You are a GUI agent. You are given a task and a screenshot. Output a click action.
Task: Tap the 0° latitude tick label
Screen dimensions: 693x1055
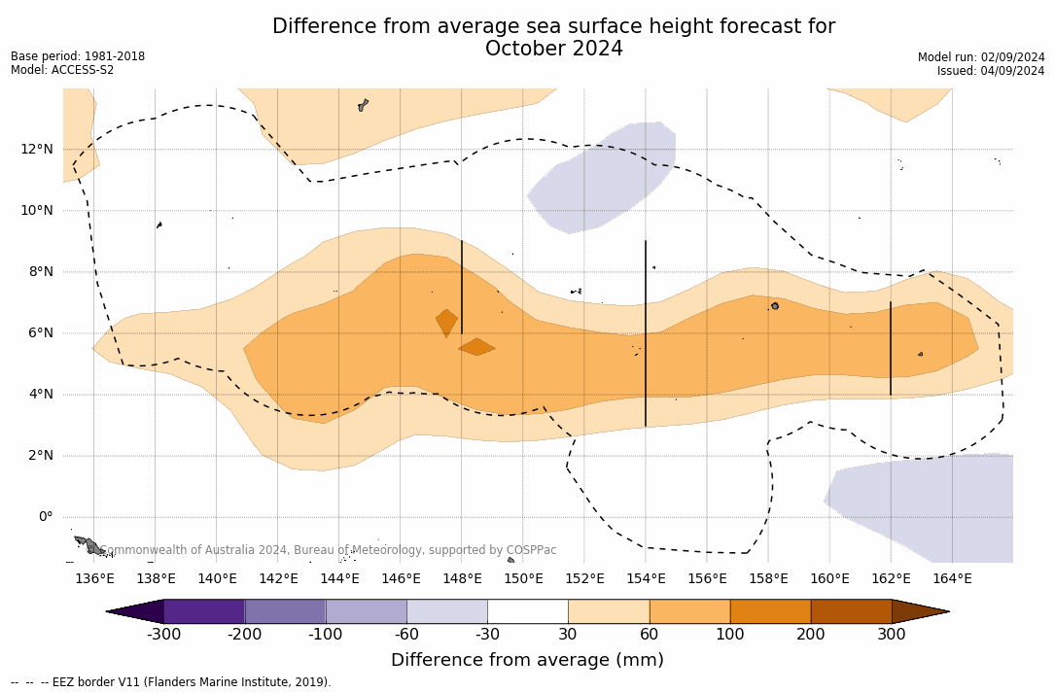[45, 516]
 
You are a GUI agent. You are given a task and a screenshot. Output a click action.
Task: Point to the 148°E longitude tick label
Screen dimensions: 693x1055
[462, 579]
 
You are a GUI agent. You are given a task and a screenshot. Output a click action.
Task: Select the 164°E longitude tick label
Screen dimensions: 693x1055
[952, 579]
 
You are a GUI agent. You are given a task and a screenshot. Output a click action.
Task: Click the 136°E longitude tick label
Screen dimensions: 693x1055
[94, 579]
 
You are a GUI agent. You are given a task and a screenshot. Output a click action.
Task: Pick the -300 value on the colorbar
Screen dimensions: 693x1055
[164, 635]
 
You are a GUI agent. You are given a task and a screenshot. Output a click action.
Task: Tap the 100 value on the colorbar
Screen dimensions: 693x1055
[730, 635]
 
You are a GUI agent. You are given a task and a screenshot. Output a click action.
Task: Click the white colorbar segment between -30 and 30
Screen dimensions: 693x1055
[528, 611]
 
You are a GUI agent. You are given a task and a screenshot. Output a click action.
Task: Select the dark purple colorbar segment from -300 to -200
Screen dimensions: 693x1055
[204, 611]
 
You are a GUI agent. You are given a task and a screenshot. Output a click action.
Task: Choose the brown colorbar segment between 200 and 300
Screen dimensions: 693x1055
[851, 611]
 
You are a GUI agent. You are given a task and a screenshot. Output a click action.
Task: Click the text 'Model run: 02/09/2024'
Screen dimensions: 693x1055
[981, 57]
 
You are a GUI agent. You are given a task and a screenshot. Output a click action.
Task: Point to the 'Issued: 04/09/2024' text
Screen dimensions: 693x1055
[991, 71]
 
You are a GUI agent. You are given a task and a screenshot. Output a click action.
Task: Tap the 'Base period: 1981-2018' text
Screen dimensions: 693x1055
[78, 56]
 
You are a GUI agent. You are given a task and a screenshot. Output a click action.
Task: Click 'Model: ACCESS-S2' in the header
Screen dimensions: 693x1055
[62, 70]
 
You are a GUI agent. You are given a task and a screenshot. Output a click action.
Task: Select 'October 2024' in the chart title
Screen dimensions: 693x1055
[553, 49]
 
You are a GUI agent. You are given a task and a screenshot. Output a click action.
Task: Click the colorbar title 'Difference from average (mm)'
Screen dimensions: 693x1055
[527, 661]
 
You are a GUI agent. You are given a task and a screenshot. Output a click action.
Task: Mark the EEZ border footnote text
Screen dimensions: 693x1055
[171, 682]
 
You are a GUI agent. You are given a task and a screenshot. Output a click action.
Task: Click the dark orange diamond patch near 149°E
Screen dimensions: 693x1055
[476, 347]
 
